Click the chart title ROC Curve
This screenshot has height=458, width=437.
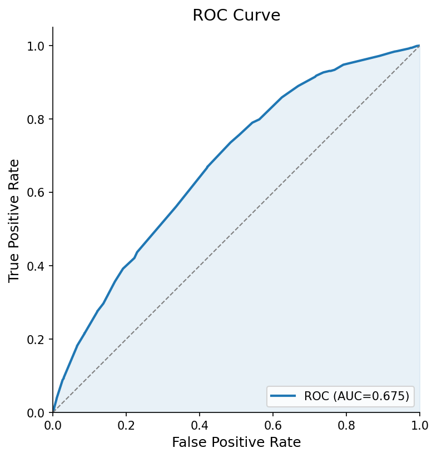pos(236,16)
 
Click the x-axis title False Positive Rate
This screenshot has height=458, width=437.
pos(236,442)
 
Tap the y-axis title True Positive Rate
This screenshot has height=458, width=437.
pos(14,220)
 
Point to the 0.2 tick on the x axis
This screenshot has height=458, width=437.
pos(126,425)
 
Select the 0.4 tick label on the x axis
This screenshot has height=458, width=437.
pos(200,425)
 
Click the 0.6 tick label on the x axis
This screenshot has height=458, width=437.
pos(273,425)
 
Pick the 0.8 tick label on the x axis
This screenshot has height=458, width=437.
pos(346,425)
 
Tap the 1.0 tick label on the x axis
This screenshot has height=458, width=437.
pos(419,425)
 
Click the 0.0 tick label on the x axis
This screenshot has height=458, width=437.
pos(53,425)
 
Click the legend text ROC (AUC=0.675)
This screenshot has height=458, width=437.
pos(356,396)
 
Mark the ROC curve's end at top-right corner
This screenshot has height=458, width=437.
pos(419,46)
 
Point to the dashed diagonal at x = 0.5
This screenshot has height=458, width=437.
pos(236,229)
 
